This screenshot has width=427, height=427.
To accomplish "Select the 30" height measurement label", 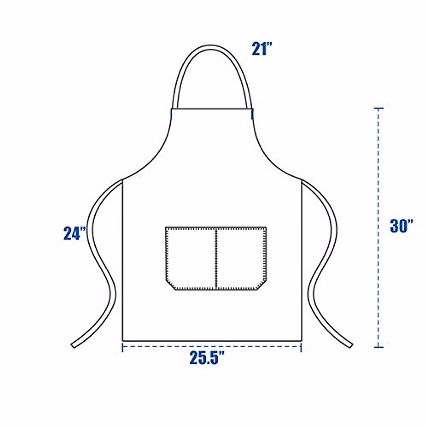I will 401,226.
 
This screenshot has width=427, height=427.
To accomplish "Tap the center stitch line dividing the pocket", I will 216,258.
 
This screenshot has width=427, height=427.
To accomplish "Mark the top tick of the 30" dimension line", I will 379,108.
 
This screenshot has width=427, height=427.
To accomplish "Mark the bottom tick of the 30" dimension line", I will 379,347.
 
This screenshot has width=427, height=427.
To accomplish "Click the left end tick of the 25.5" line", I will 123,347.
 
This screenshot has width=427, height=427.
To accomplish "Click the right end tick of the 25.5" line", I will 301,347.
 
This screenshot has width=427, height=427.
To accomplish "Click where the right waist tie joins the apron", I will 302,181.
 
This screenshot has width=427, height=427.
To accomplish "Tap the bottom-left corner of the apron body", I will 123,340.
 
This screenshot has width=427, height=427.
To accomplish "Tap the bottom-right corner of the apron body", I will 301,340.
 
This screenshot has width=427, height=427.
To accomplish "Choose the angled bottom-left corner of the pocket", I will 171,285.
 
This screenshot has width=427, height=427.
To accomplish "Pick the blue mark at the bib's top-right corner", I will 252,114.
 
